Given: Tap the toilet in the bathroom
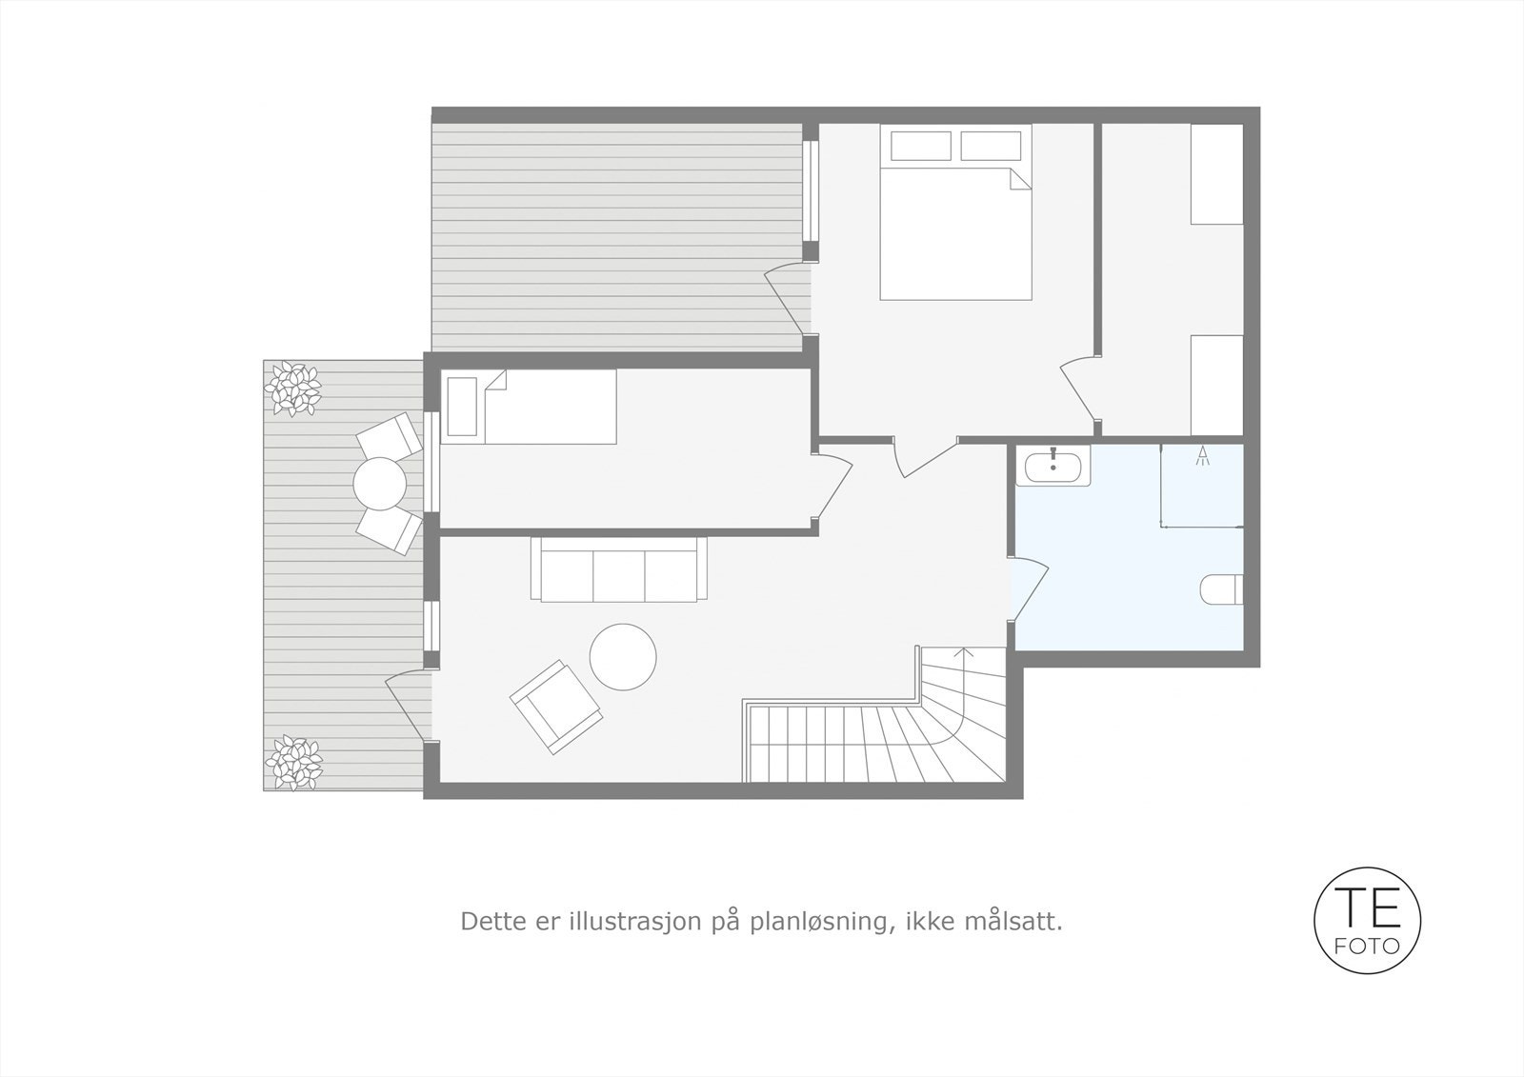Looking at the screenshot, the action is tap(1222, 589).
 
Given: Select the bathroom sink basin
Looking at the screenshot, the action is tap(1053, 466).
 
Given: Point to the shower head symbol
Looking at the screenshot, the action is tap(1203, 454).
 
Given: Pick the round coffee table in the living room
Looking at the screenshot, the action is tap(623, 657).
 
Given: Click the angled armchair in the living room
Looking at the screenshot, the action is tap(556, 707).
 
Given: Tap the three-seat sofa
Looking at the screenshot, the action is tap(618, 570).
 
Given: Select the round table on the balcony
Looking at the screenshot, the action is tap(380, 484).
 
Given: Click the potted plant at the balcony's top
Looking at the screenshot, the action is tap(293, 389).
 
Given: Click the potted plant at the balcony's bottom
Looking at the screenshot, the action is tap(293, 762).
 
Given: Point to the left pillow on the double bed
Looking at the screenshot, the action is tap(920, 146).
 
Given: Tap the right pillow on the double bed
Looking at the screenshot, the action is tap(991, 146).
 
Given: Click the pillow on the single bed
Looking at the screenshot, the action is tap(462, 407).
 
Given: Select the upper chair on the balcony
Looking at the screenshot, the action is tap(389, 435).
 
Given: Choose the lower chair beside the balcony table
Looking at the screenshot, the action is tap(390, 531).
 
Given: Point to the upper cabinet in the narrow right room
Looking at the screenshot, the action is tap(1217, 174).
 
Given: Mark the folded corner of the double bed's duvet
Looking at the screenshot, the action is tap(1020, 180).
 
